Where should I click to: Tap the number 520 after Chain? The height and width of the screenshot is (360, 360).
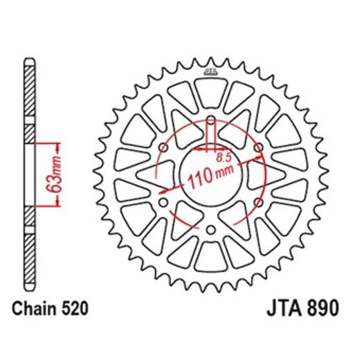[x=75, y=307]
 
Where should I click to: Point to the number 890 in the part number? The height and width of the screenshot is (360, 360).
[x=323, y=307]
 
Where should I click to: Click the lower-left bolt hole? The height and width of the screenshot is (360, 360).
[x=163, y=203]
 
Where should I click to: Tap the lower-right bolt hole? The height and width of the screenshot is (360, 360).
[x=258, y=203]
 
